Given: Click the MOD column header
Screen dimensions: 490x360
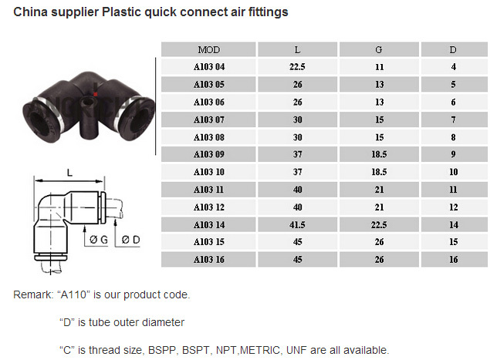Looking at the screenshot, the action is [x=209, y=49].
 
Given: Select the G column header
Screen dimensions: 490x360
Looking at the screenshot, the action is [x=379, y=49].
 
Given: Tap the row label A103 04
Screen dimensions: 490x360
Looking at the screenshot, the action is [x=209, y=67].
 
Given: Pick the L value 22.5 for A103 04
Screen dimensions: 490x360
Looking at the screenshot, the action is [x=297, y=67].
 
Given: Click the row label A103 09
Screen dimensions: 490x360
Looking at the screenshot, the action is [x=209, y=154].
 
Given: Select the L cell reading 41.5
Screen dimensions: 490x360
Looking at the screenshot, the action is [x=297, y=225].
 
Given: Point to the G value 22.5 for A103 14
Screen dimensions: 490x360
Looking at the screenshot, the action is [x=379, y=225].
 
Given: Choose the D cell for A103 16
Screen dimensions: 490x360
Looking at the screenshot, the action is [x=454, y=260].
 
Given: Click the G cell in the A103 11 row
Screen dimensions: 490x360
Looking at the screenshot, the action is [x=379, y=190].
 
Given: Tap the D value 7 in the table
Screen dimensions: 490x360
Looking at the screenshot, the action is [x=454, y=119].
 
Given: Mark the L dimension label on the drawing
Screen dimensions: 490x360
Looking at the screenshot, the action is [x=69, y=173].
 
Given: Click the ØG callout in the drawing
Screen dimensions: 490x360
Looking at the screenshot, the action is [x=99, y=240].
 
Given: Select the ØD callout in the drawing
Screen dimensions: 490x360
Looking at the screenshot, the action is [x=130, y=240].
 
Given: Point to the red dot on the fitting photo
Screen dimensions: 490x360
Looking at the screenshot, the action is [x=96, y=94].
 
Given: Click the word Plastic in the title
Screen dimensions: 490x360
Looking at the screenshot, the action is [x=125, y=12].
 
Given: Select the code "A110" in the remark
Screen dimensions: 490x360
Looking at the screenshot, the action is [x=74, y=294].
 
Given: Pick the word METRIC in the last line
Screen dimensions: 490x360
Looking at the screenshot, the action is [x=260, y=350].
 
